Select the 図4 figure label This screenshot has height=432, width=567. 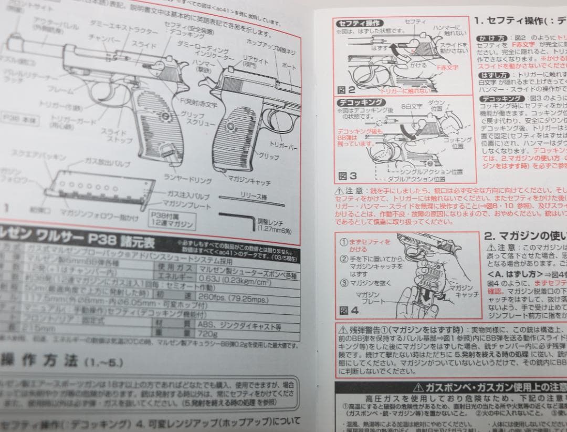coord(349,311)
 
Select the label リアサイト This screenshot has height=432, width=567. coord(254,61)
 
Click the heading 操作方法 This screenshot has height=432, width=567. coord(42,361)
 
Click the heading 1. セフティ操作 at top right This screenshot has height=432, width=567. coord(520,21)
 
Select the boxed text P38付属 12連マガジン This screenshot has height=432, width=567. coord(170,220)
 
